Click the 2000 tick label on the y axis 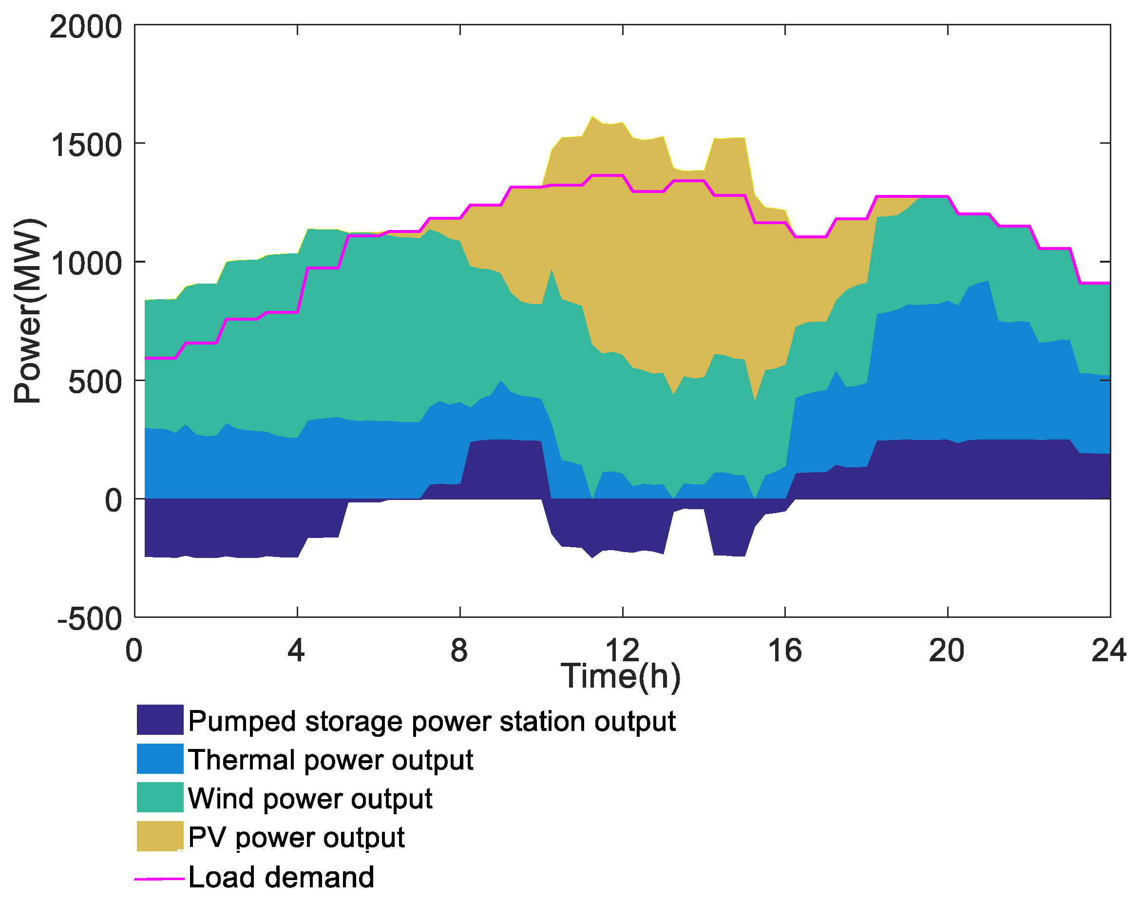click(x=86, y=27)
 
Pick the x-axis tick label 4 click(x=296, y=651)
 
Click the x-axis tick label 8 click(x=459, y=651)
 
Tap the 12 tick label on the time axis click(x=622, y=651)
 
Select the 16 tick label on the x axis click(x=784, y=651)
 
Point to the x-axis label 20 click(x=947, y=651)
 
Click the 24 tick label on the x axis click(x=1109, y=651)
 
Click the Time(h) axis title click(x=620, y=676)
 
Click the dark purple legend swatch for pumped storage click(x=160, y=720)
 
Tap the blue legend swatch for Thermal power click(x=160, y=759)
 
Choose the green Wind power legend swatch click(x=160, y=797)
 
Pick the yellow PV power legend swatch click(x=160, y=837)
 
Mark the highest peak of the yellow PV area click(x=592, y=117)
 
